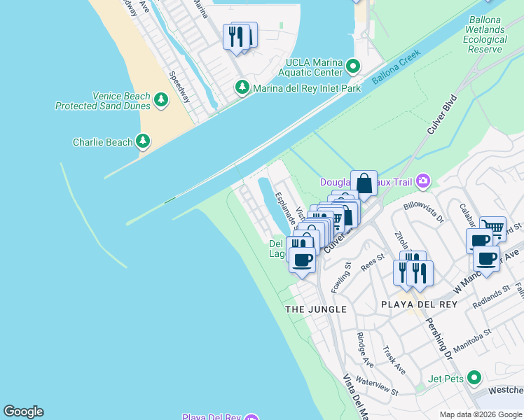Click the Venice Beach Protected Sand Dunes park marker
pyautogui.click(x=161, y=100)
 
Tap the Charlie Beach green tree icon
pyautogui.click(x=143, y=142)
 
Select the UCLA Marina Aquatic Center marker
pyautogui.click(x=353, y=67)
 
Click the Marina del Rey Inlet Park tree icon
pyautogui.click(x=242, y=87)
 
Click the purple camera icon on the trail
pyautogui.click(x=422, y=182)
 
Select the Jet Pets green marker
pyautogui.click(x=474, y=379)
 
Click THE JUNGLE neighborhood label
pyautogui.click(x=316, y=309)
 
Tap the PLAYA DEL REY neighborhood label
pyautogui.click(x=418, y=304)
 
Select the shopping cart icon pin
pyautogui.click(x=493, y=228)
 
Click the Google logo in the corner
pyautogui.click(x=23, y=412)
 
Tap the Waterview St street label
pyautogui.click(x=378, y=386)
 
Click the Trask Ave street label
pyautogui.click(x=394, y=359)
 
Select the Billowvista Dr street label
pyautogui.click(x=425, y=212)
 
